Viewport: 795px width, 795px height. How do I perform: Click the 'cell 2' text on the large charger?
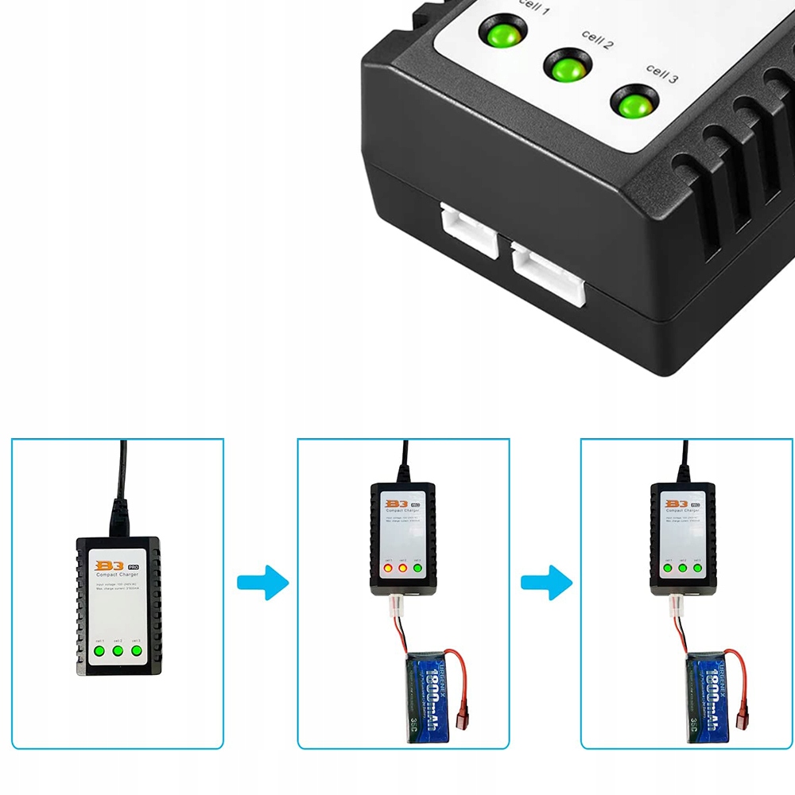tap(597, 40)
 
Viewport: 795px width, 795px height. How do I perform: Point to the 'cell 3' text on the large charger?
tap(661, 74)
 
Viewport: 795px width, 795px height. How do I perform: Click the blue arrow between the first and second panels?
tap(262, 583)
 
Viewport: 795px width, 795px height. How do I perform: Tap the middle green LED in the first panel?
tap(118, 651)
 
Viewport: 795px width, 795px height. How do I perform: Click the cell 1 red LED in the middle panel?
tap(390, 568)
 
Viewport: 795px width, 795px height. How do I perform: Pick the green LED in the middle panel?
tap(417, 568)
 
